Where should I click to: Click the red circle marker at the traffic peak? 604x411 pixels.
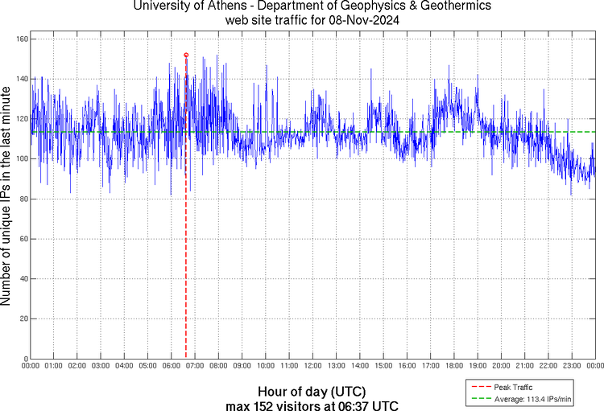coord(186,55)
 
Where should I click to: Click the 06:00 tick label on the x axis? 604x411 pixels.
coord(171,367)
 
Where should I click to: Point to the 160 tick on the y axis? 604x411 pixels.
coord(22,39)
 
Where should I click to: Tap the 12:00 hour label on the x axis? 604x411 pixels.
coord(312,367)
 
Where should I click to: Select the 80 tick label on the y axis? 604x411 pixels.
coord(23,199)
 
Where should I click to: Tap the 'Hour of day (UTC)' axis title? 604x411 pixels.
coord(313,390)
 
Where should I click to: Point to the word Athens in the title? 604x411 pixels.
coord(228,6)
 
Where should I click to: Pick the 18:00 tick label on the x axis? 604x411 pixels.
coord(453,367)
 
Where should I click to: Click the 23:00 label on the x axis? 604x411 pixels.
coord(571,367)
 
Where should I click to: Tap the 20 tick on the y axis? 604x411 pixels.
coord(23,319)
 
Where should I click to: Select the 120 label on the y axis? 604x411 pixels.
coord(22,119)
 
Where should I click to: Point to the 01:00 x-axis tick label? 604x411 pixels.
coord(53,367)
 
